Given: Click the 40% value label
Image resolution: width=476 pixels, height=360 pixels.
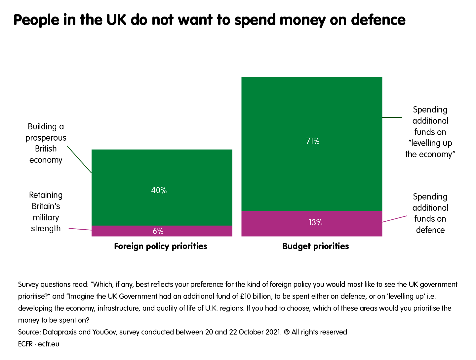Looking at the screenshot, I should click(x=159, y=190).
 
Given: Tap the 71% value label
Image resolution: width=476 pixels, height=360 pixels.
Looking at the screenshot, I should click(x=312, y=141).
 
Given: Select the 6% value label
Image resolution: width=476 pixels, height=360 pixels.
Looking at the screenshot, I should click(x=158, y=231).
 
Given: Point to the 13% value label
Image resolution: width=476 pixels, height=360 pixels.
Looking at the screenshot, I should click(x=315, y=222).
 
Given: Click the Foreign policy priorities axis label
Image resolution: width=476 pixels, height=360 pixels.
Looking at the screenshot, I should click(x=160, y=246).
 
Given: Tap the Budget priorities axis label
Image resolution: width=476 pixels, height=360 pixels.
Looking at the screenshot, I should click(x=315, y=246).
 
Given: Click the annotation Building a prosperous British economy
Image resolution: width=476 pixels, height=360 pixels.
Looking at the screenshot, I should click(x=46, y=143).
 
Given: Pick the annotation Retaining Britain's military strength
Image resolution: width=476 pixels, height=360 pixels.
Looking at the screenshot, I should click(x=46, y=212).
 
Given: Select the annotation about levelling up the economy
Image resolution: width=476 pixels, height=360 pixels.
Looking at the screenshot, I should click(x=430, y=132).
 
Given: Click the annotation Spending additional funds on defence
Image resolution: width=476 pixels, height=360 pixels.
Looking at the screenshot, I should click(x=430, y=213).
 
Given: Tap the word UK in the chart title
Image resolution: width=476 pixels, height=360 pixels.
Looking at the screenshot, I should click(x=116, y=20).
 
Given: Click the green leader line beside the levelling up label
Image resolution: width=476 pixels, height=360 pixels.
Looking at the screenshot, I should click(x=392, y=117).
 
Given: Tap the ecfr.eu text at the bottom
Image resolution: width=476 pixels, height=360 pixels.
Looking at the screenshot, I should click(x=49, y=344).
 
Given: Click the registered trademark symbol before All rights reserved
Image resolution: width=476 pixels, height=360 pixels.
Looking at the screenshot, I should click(x=287, y=332).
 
